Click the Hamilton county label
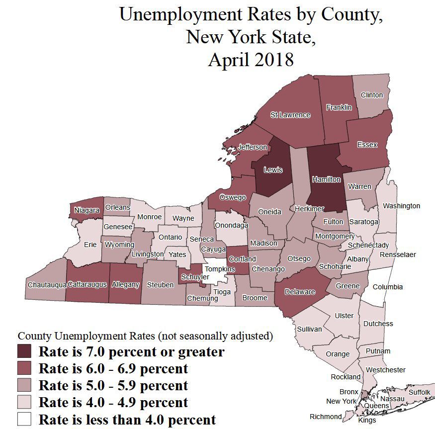click(326, 179)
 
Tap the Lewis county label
click(272, 170)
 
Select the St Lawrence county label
click(290, 115)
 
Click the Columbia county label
click(387, 287)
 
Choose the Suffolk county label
click(419, 392)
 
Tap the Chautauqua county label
click(47, 284)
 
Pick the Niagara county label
click(87, 210)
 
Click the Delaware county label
click(300, 292)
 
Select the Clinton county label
click(371, 95)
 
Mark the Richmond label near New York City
click(326, 417)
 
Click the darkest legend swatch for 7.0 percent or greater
click(25, 352)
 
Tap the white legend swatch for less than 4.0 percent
click(25, 419)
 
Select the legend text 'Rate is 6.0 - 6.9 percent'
click(113, 369)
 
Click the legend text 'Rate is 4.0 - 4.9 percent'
click(113, 402)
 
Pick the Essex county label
click(367, 145)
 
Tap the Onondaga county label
click(231, 225)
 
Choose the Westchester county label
click(385, 370)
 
